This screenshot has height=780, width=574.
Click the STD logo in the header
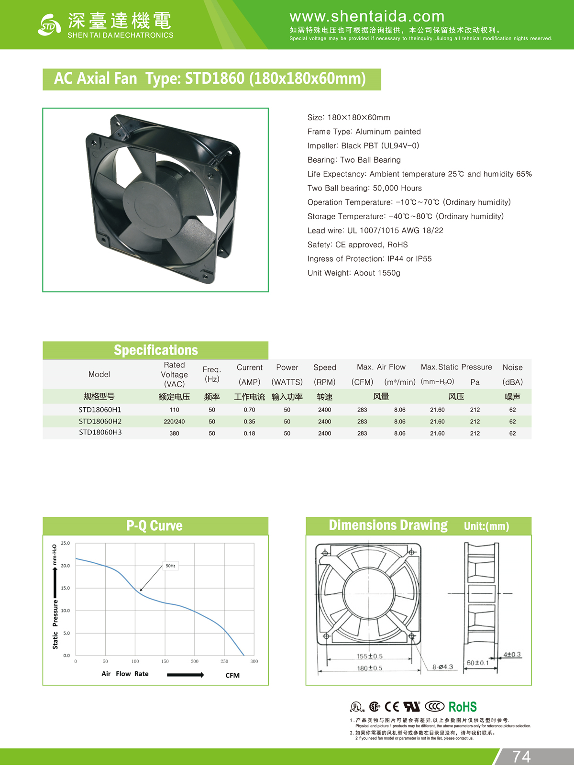(49, 25)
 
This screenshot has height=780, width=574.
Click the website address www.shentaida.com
(367, 16)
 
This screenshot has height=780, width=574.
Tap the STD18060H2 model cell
(100, 422)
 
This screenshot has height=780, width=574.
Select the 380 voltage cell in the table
(174, 434)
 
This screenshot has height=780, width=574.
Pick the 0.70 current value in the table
(249, 410)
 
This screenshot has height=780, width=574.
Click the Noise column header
(512, 368)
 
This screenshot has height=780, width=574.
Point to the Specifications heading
(155, 350)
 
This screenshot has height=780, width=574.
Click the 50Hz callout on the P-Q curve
(171, 566)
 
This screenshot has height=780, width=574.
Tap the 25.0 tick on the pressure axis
(66, 544)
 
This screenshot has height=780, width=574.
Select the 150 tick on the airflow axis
(165, 662)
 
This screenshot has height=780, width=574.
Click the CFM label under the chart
(232, 676)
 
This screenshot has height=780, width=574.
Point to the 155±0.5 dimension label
(370, 657)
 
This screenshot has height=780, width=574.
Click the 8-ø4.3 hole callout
(442, 667)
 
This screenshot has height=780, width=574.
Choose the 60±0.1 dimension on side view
(477, 663)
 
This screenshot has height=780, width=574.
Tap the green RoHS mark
(463, 707)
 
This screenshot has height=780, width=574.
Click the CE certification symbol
(392, 707)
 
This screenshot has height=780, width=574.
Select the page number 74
(521, 757)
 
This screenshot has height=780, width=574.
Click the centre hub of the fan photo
(153, 204)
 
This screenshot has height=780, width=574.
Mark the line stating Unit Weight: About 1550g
(354, 273)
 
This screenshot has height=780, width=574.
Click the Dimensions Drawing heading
(388, 525)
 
